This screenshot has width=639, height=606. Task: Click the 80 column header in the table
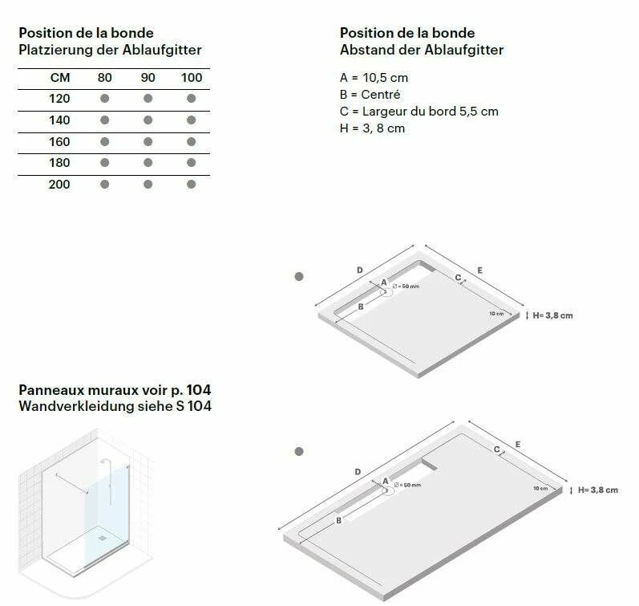pos(105,78)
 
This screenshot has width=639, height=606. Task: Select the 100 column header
pos(192,78)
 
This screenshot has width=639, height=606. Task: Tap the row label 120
pos(59,99)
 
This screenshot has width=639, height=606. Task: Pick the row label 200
pos(59,185)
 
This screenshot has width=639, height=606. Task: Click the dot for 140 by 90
pos(148,120)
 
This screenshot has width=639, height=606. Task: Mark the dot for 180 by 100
pos(191,162)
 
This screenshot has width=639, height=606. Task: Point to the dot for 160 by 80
pos(105,141)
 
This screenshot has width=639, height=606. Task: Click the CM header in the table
pos(60,78)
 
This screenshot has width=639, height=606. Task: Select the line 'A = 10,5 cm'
pos(374,78)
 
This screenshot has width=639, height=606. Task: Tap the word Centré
pos(381,94)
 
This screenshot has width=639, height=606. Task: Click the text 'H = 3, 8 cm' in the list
pos(372,128)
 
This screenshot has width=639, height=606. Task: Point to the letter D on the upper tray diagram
pos(360,270)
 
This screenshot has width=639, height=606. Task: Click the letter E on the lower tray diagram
pos(518,445)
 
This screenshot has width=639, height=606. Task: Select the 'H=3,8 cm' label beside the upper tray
pos(552,315)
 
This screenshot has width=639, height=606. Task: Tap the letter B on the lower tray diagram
pos(338,521)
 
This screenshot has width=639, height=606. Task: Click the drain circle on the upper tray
pos(386,292)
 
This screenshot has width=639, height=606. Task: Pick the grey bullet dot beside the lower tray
pos(299,451)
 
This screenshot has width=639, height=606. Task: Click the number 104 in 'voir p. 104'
pos(199,390)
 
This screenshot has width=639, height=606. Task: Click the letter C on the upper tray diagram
pos(458,278)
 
